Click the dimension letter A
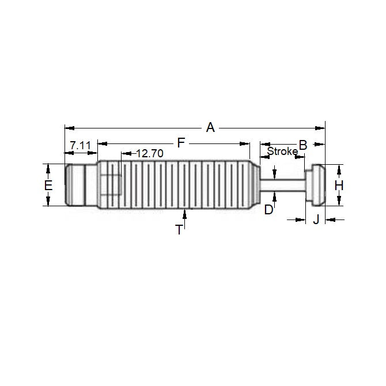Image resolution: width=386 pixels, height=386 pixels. coord(210,127)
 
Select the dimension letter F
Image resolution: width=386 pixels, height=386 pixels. coord(180,142)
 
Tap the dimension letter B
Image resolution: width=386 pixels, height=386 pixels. coord(302,145)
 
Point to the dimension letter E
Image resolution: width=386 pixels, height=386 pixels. coord(48,186)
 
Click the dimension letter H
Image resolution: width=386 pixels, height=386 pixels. coord(339,186)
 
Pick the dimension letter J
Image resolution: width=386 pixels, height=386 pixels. coord(316,219)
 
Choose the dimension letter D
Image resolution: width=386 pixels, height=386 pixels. coord(268,210)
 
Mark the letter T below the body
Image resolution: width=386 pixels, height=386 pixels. coord(179,230)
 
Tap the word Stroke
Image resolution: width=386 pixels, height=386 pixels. coord(282,152)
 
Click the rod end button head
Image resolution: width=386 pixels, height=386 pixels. coord(315,185)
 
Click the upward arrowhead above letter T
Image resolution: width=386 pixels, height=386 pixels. coord(184,213)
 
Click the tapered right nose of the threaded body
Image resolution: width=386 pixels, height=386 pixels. coord(256,185)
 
